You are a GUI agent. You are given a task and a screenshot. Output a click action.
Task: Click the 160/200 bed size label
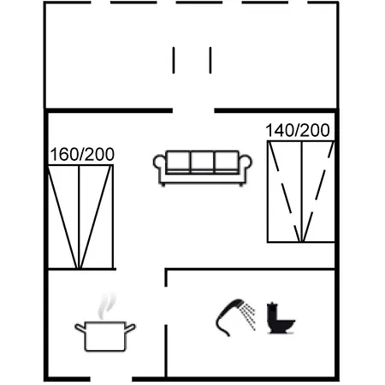tap(82, 154)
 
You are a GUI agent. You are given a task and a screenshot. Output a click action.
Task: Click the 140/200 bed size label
tap(298, 130)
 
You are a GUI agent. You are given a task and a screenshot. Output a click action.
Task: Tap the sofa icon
tap(203, 169)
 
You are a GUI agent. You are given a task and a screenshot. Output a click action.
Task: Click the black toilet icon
tap(281, 318)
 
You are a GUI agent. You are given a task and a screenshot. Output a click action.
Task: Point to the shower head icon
tap(229, 317)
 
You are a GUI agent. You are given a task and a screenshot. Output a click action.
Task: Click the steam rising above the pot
tap(107, 305)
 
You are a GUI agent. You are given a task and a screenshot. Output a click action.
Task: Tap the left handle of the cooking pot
tap(80, 328)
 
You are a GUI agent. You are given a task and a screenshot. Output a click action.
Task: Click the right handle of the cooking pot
tap(130, 328)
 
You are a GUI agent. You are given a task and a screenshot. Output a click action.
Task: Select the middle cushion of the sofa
tap(202, 162)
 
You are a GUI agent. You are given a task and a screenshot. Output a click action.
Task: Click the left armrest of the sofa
tap(159, 164)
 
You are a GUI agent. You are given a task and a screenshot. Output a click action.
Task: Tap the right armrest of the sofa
tap(246, 164)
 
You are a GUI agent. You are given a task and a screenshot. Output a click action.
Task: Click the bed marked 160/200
tap(80, 216)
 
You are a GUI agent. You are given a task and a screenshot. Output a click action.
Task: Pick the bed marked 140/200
tap(301, 192)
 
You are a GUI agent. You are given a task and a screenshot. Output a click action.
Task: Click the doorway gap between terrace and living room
tap(193, 110)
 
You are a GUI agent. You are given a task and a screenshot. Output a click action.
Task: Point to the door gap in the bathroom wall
tap(166, 305)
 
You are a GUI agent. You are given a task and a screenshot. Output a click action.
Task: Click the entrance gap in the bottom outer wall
tap(111, 379)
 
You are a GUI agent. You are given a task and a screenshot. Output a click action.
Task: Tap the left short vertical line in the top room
tap(174, 60)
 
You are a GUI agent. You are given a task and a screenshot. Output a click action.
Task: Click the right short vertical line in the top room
tap(210, 60)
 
